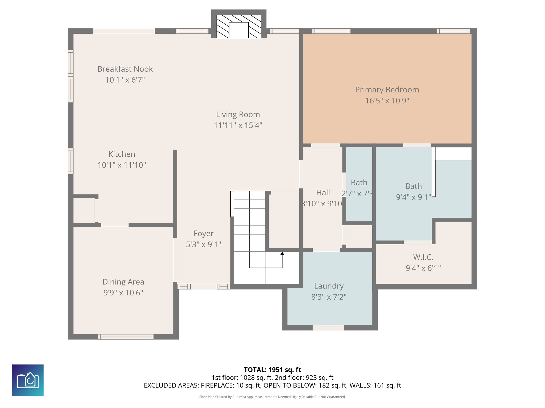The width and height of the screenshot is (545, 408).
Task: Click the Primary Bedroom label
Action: pos(387,90)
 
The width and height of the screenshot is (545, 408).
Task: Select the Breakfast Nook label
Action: pos(125,69)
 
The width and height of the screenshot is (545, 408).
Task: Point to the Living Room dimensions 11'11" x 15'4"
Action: pos(238,125)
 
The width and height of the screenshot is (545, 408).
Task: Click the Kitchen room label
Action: pos(122,154)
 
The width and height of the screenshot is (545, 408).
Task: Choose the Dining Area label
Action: pos(123,282)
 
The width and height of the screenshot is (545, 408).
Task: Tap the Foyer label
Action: pos(203,233)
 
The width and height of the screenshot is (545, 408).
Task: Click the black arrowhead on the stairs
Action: pos(282,254)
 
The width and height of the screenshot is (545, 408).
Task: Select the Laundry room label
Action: pos(329,286)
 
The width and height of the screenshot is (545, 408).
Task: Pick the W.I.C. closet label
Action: pos(423,257)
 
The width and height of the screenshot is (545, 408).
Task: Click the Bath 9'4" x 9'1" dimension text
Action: pos(413,197)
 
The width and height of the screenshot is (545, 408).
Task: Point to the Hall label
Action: pos(323,193)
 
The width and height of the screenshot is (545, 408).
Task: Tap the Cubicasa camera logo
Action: pos(28,380)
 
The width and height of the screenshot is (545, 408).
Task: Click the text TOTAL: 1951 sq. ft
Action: pos(272,370)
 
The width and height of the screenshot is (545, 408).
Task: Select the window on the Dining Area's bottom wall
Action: pos(126,337)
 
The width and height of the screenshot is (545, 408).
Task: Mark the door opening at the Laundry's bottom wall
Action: pos(328,328)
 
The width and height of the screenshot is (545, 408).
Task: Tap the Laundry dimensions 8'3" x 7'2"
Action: pos(329,297)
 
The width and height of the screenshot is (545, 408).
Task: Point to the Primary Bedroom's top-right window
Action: pos(453,31)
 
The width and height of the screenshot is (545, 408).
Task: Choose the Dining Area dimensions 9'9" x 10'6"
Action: pos(123,293)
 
